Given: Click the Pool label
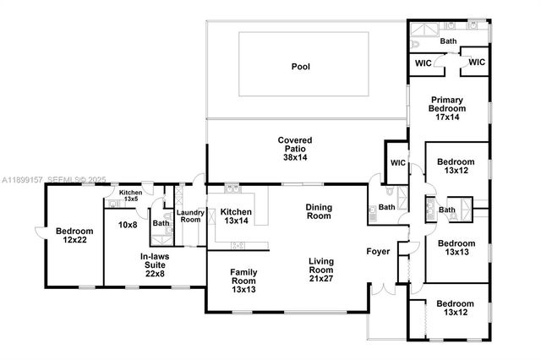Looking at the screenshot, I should [x=301, y=66].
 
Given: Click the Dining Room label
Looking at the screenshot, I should [x=319, y=211].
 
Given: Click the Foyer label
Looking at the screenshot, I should [x=378, y=251].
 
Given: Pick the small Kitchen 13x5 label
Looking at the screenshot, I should [x=130, y=196].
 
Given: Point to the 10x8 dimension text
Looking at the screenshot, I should [x=128, y=225].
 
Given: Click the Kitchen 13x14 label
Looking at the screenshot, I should [x=236, y=216].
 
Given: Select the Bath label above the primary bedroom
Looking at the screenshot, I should [x=448, y=41].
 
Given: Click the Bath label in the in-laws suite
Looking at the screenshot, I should [x=161, y=224].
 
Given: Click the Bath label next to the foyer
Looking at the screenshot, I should [x=386, y=207].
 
